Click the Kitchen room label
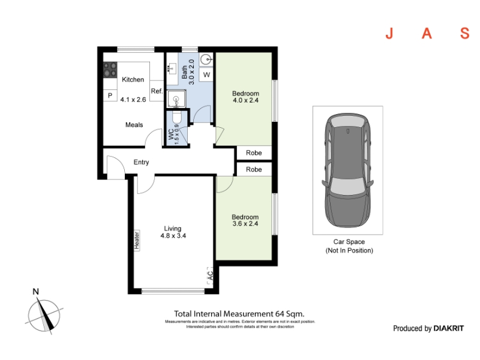tap(133, 80)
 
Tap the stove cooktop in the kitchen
tap(110, 70)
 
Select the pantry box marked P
tap(110, 95)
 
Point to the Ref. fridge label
tap(157, 91)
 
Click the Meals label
tap(134, 125)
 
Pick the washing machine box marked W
tap(206, 74)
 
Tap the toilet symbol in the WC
tap(177, 117)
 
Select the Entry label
tap(141, 162)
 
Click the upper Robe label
tap(254, 153)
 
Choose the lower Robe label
tap(254, 169)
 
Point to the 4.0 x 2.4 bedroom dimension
tap(245, 100)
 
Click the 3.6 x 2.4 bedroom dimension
tap(245, 223)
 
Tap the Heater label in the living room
tap(137, 241)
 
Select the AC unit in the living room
tap(210, 275)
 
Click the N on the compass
tap(36, 292)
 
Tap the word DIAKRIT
tap(448, 328)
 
